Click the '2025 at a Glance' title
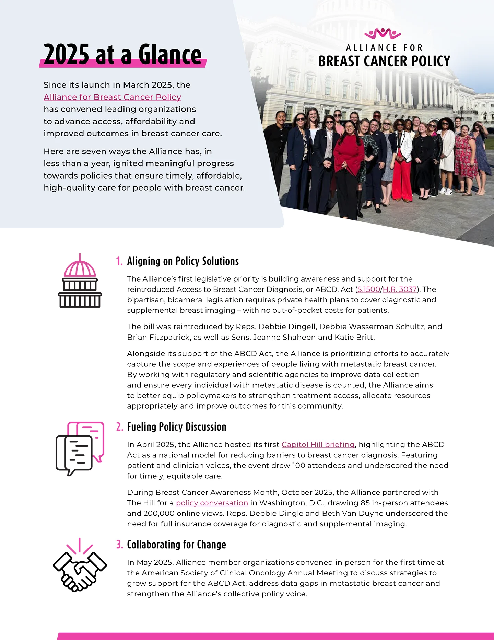[122, 54]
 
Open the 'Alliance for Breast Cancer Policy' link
[112, 97]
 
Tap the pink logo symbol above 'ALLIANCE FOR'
[383, 34]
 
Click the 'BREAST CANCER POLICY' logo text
[384, 61]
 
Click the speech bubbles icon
[80, 448]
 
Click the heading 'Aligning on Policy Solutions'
[183, 261]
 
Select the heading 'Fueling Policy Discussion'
[177, 427]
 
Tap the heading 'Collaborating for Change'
[176, 545]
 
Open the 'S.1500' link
[368, 289]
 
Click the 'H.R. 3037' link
[400, 289]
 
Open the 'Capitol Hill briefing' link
[318, 445]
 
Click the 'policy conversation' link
[212, 503]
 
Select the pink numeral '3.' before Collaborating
[119, 545]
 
